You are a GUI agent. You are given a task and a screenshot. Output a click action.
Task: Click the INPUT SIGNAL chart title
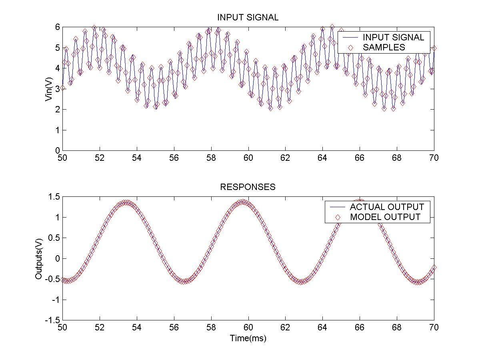click(x=248, y=18)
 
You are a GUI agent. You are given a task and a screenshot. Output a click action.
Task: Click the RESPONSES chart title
click(x=248, y=187)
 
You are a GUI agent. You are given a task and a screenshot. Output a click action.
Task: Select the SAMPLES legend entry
click(x=384, y=47)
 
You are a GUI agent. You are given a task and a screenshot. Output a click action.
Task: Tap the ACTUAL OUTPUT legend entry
click(x=387, y=207)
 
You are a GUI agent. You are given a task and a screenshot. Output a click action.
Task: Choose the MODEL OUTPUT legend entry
click(x=385, y=217)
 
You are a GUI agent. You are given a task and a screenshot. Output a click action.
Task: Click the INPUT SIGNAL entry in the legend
click(x=393, y=37)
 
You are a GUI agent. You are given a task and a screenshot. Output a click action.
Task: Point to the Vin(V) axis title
click(x=49, y=89)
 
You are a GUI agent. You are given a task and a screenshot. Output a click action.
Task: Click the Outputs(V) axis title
click(x=39, y=259)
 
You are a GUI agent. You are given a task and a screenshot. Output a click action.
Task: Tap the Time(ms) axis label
click(x=248, y=338)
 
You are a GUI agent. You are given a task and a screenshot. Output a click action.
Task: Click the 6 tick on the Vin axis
click(x=58, y=27)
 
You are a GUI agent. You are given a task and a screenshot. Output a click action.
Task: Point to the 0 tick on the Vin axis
click(x=58, y=150)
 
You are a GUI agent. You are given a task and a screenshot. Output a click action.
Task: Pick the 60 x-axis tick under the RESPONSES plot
click(x=248, y=327)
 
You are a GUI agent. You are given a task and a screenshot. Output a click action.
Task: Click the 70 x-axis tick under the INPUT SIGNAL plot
click(x=434, y=158)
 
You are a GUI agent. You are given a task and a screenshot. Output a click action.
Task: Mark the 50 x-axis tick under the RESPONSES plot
click(x=62, y=327)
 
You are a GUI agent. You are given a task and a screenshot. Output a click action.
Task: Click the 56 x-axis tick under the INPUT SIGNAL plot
click(x=174, y=158)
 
